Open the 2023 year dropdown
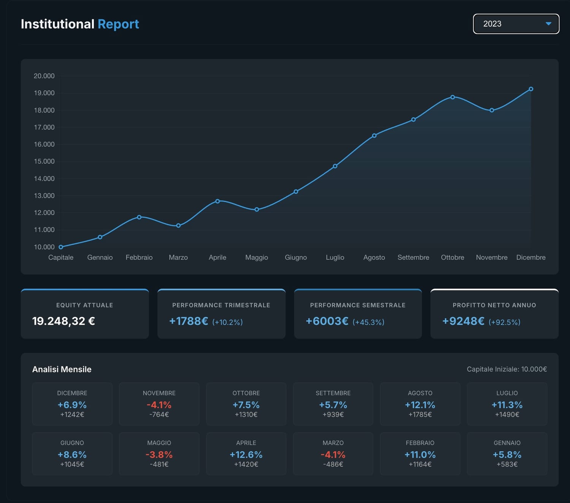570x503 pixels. coord(516,24)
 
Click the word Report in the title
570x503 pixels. coord(118,24)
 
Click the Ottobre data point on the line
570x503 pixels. coord(453,97)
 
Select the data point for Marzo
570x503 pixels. coord(178,225)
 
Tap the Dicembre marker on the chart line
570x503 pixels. coord(531,89)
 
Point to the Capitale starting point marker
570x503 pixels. coord(61,247)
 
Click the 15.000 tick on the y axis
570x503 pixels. coord(44,161)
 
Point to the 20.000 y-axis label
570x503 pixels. coord(44,76)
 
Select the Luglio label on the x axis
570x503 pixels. coord(335,257)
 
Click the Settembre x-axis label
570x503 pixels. coord(413,257)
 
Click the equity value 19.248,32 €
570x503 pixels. coord(63,321)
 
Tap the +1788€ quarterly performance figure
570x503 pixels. coord(188,321)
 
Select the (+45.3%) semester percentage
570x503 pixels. coord(368,322)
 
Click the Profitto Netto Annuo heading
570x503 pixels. coord(494,305)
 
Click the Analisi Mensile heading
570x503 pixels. coord(62,369)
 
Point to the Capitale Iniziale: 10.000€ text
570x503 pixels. coord(507,369)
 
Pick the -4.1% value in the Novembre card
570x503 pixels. coord(159,405)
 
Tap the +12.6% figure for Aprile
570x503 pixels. coord(246,455)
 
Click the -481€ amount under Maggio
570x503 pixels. coord(159,464)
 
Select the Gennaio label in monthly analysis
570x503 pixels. coord(507,443)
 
